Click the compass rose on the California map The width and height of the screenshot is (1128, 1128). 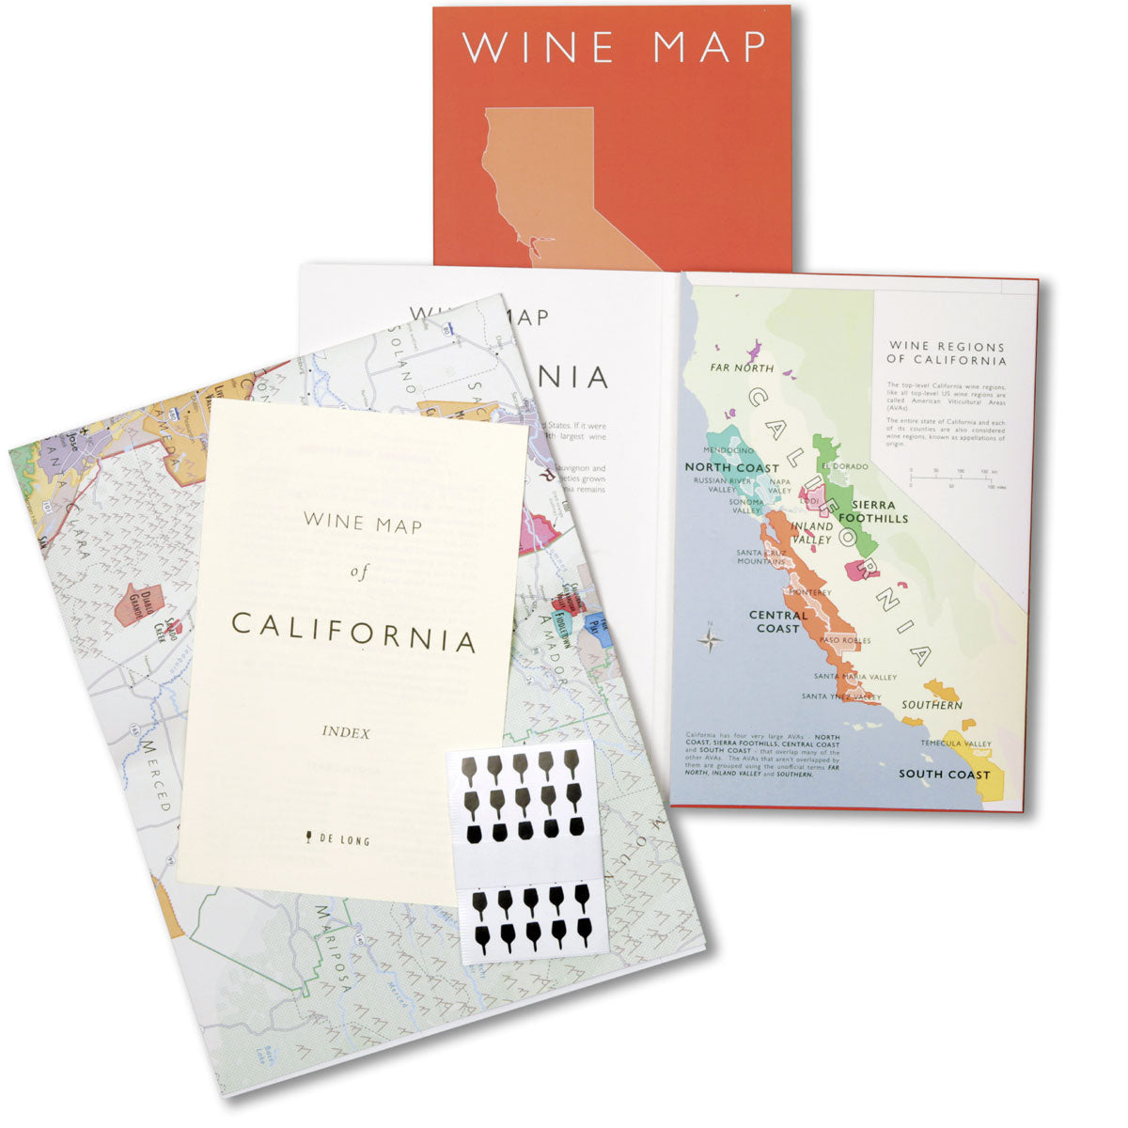712,641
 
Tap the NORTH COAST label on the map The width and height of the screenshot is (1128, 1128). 732,467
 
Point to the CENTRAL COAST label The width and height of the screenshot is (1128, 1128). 778,621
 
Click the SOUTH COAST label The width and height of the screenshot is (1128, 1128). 944,775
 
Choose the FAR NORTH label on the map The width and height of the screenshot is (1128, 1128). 742,368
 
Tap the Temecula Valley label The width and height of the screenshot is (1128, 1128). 955,744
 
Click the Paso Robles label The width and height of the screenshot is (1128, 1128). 846,640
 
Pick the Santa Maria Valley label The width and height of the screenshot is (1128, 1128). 855,677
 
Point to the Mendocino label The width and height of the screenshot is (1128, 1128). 729,450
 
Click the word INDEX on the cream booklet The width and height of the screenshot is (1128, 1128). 345,732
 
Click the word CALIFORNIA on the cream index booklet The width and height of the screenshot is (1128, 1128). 353,632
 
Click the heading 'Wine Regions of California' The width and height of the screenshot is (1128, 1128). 947,353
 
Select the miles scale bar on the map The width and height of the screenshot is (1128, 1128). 954,479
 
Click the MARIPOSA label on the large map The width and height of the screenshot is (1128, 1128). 334,949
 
